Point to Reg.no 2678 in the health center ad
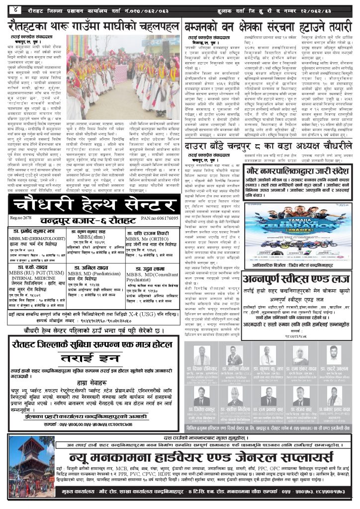[21, 218]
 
